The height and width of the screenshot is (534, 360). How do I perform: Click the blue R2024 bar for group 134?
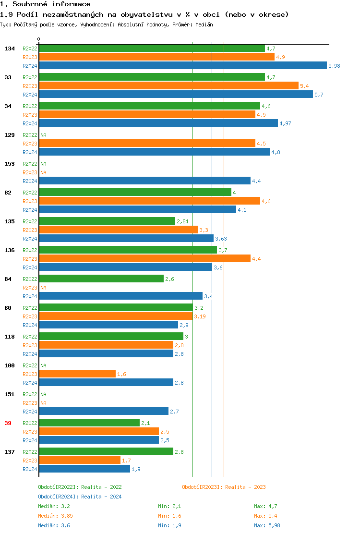point(182,66)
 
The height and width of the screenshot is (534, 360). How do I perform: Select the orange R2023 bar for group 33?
point(168,85)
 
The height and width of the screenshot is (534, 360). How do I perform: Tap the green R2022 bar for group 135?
point(107,221)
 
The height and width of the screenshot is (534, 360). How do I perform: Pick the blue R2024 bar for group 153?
point(144,181)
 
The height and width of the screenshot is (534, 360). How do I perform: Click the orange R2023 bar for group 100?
point(77,374)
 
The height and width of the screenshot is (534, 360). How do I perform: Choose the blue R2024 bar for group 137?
point(84,469)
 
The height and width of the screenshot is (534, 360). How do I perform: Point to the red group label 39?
point(8,423)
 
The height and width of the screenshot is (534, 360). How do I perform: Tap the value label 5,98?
point(334,66)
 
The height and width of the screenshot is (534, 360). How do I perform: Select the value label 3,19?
point(199,316)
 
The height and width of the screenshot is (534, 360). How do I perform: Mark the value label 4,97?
point(285,123)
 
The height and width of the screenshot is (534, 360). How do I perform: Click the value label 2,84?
point(182,221)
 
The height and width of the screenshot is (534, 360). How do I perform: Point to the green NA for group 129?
point(43,135)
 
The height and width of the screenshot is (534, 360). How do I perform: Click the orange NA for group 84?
point(43,288)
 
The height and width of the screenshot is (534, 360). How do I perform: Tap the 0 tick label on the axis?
point(39,39)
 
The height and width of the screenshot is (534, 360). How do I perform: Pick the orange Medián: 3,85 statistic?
point(55,516)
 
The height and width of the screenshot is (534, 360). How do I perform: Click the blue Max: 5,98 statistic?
point(267,525)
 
